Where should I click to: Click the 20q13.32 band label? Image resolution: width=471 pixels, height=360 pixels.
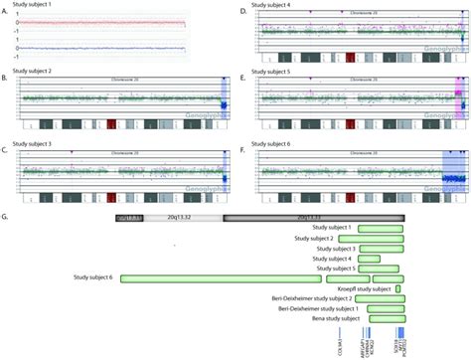pyautogui.click(x=189, y=216)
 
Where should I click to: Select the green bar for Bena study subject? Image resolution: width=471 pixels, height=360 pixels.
pyautogui.click(x=380, y=319)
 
